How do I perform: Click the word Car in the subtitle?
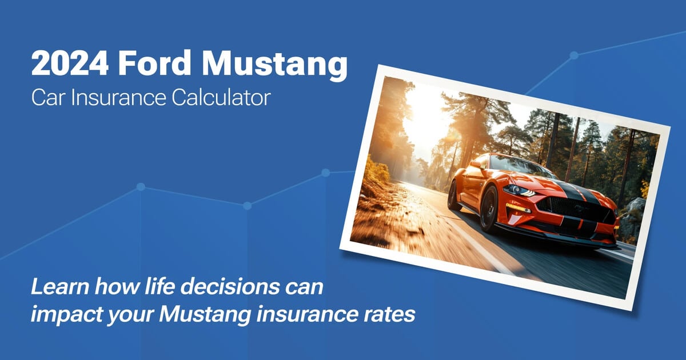47,98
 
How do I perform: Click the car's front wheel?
488,209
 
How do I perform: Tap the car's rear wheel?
454,194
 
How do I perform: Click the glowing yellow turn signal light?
518,207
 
